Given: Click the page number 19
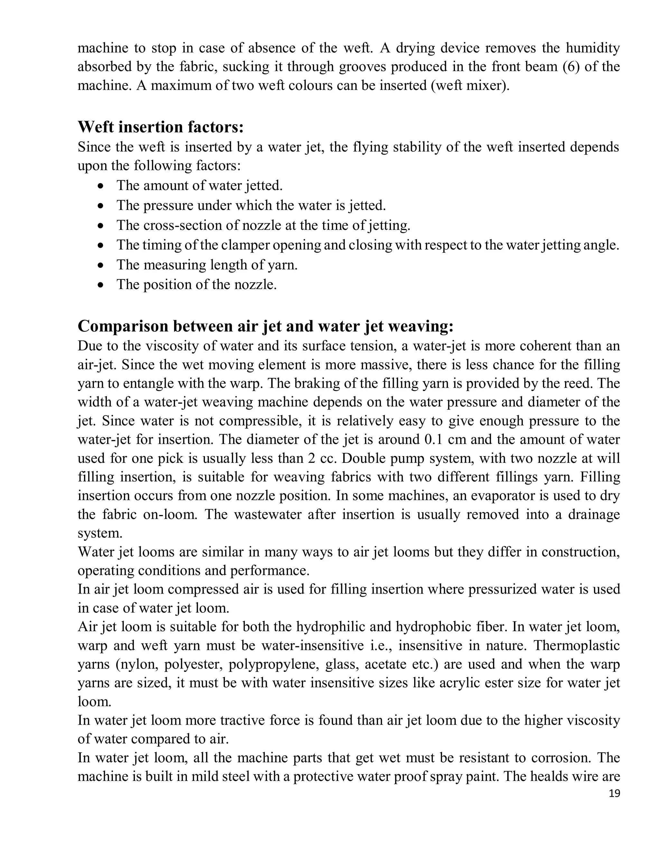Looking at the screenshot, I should (614, 793).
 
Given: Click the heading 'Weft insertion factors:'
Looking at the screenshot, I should (161, 127).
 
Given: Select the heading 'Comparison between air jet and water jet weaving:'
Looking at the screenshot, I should (265, 326).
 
